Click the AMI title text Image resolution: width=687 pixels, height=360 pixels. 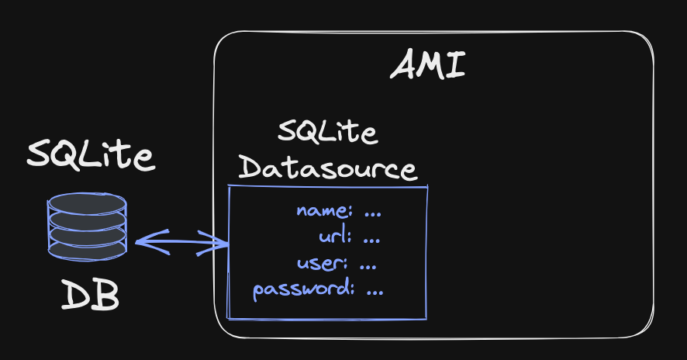click(x=428, y=65)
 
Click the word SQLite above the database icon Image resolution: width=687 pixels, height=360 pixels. click(x=91, y=155)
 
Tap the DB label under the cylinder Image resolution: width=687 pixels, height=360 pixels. click(x=90, y=295)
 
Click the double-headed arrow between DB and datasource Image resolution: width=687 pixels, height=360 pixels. click(x=181, y=243)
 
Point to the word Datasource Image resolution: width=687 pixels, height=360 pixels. click(x=328, y=168)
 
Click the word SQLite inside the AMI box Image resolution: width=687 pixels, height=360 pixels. click(x=327, y=133)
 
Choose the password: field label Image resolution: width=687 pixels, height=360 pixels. click(x=304, y=291)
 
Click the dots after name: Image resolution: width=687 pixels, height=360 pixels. click(x=374, y=210)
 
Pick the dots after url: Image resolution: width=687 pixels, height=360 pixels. click(x=371, y=237)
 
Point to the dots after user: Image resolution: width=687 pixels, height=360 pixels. click(x=368, y=263)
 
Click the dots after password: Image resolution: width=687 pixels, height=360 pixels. click(x=375, y=291)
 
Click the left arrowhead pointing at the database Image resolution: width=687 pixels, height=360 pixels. click(x=144, y=241)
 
